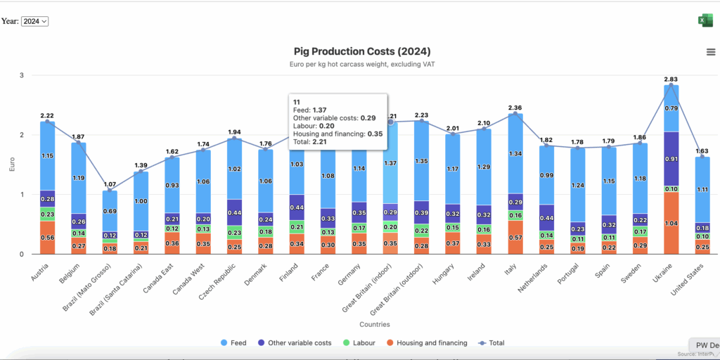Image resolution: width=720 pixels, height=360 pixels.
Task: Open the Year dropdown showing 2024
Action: coord(34,21)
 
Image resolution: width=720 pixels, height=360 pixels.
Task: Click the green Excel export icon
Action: coord(705,20)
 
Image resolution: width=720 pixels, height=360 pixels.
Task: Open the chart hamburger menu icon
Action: coord(711,52)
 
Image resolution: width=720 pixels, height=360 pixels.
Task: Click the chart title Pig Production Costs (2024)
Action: coord(362,51)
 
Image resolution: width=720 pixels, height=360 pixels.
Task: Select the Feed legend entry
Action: coord(233,343)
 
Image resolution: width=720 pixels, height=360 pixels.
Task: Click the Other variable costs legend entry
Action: coord(295,343)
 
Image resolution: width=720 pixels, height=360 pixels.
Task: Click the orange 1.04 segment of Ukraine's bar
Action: coord(671,223)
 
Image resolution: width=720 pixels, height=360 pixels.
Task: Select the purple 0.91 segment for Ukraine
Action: coord(671,159)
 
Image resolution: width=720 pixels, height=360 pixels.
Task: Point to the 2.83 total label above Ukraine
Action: coord(671,79)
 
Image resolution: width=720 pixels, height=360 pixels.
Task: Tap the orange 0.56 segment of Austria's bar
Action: coord(48,238)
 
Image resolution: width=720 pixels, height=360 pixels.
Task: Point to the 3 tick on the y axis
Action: coord(21,75)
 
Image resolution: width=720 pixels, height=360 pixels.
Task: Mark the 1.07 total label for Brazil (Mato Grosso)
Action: coord(110,184)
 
